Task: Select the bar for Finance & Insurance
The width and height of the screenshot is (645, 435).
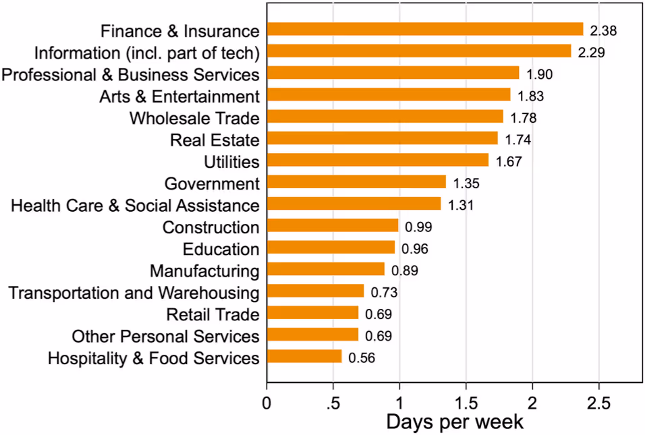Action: pos(425,29)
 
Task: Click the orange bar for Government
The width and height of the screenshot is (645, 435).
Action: pos(356,182)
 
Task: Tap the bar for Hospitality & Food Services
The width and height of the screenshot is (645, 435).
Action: pos(304,357)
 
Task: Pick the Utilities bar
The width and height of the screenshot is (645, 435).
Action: pos(378,161)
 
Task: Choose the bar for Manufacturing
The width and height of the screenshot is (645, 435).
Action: pos(326,270)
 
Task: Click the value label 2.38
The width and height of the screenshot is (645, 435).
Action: pos(604,30)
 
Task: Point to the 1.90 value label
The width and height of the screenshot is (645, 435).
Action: pos(540,74)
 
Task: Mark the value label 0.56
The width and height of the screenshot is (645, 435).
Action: pos(362,357)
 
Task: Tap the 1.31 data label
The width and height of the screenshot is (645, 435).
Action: pos(461,205)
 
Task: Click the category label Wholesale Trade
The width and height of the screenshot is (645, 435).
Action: pos(194,118)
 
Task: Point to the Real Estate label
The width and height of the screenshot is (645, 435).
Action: pos(215,140)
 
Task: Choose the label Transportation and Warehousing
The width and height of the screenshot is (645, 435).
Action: pos(134,293)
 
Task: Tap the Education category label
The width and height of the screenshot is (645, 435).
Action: pos(221,249)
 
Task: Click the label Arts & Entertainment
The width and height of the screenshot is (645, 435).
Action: pos(179,96)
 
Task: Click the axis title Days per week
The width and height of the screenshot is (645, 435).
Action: pos(455,422)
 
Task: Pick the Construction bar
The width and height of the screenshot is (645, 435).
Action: pos(333,226)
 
